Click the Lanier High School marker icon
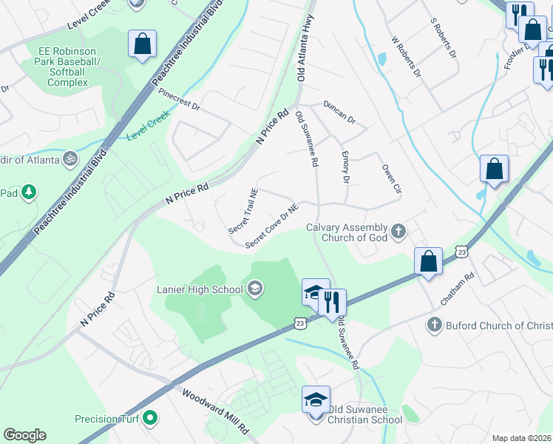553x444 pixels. click(255, 288)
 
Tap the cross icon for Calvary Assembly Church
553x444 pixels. click(398, 232)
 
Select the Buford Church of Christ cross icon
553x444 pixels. click(434, 325)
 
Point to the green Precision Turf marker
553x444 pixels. click(151, 419)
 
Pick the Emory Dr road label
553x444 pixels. click(345, 167)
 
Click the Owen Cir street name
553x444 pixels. click(391, 179)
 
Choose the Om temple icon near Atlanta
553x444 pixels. click(71, 158)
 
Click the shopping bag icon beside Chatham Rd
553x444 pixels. click(428, 261)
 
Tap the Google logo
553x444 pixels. click(24, 435)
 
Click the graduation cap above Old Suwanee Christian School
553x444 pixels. click(316, 400)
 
